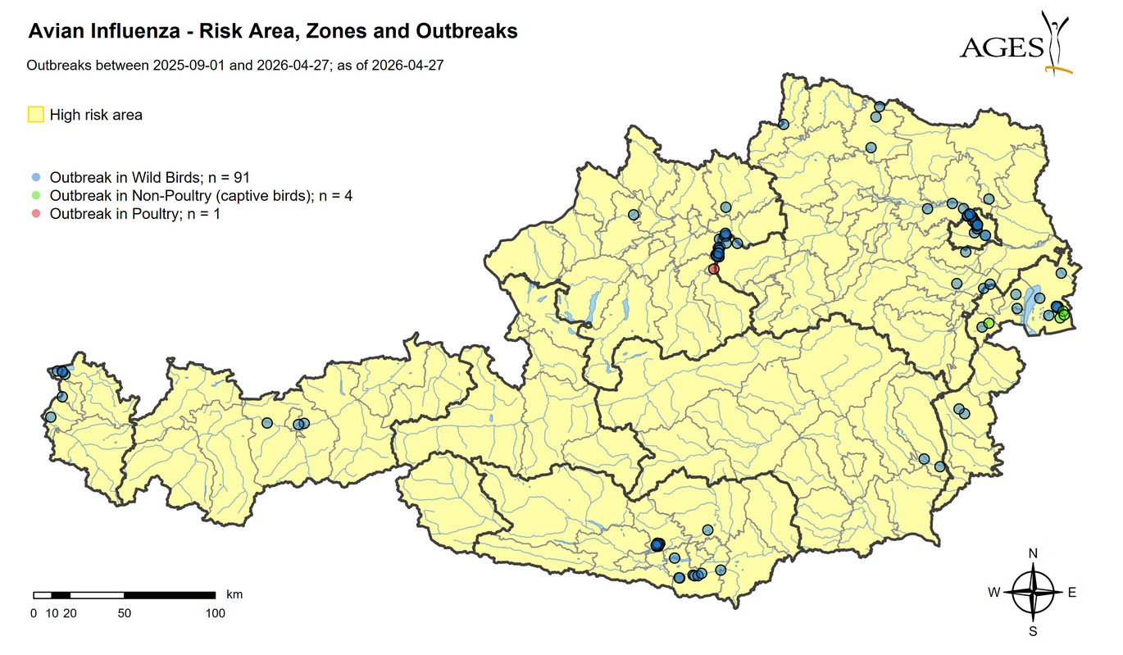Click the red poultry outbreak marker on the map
click(x=713, y=269)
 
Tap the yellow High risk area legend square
click(x=36, y=115)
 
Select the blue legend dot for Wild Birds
click(x=34, y=177)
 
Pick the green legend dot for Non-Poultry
click(x=34, y=196)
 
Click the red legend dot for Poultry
click(x=34, y=214)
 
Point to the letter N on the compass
click(x=1033, y=553)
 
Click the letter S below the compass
click(x=1033, y=631)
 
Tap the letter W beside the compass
click(x=993, y=593)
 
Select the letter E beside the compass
click(x=1071, y=593)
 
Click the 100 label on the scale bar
click(x=215, y=612)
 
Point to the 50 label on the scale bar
click(x=124, y=612)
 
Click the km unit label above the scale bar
click(x=234, y=594)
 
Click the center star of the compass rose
click(x=1033, y=593)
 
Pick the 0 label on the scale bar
click(x=34, y=612)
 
